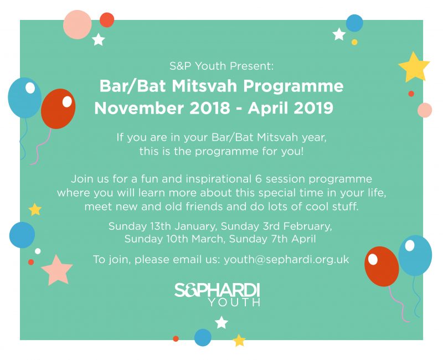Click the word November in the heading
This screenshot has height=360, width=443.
pyautogui.click(x=139, y=108)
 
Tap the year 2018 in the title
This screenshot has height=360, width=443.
pyautogui.click(x=210, y=108)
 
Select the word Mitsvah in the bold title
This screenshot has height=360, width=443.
pyautogui.click(x=204, y=86)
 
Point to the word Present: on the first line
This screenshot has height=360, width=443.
pyautogui.click(x=252, y=66)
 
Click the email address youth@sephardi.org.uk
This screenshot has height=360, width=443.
pyautogui.click(x=286, y=260)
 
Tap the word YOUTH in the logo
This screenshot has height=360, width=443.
pyautogui.click(x=234, y=302)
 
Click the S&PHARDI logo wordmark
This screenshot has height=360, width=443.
pyautogui.click(x=217, y=290)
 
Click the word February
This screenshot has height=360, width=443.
pyautogui.click(x=307, y=227)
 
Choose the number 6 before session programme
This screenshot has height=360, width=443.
pyautogui.click(x=259, y=179)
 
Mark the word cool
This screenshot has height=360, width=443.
pyautogui.click(x=317, y=207)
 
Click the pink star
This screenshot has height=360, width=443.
pyautogui.click(x=57, y=271)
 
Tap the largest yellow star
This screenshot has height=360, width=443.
pyautogui.click(x=414, y=67)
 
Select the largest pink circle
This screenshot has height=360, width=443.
pyautogui.click(x=77, y=24)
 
